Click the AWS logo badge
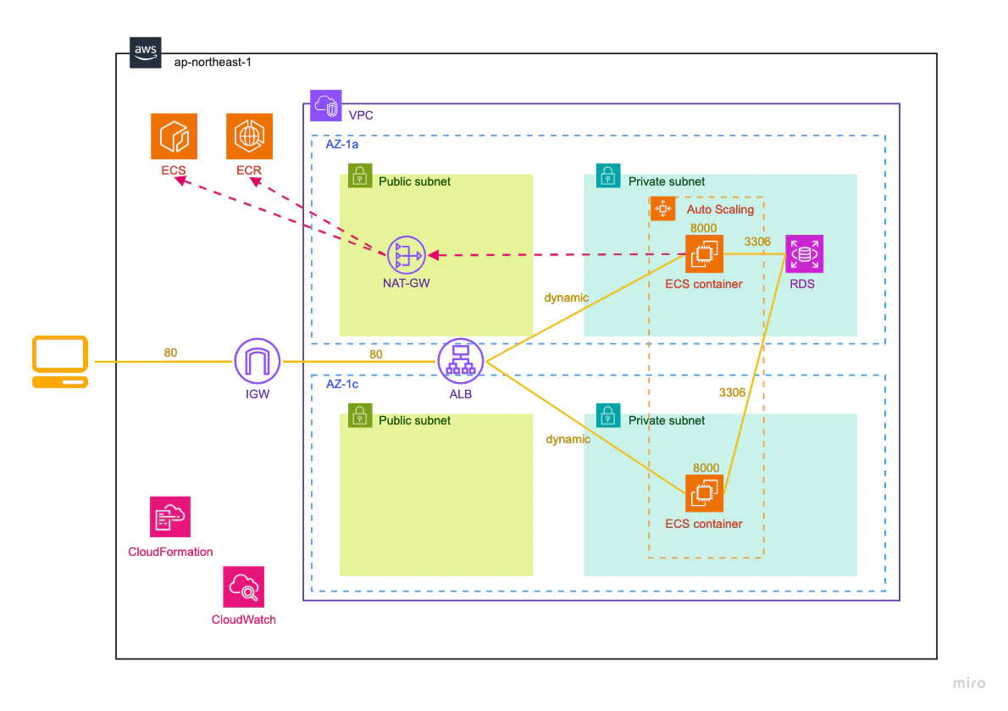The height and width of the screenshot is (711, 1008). (x=146, y=52)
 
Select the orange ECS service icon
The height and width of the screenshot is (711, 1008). (x=174, y=136)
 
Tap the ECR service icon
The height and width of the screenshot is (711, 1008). (x=249, y=136)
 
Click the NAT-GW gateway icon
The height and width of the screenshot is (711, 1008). (x=407, y=255)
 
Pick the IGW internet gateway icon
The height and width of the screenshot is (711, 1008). (x=258, y=361)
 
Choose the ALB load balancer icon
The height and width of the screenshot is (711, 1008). (x=461, y=361)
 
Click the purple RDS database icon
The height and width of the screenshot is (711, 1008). (x=804, y=254)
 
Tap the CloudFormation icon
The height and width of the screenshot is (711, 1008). (x=170, y=516)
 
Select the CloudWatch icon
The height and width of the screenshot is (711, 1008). (x=244, y=587)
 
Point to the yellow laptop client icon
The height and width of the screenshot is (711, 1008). (x=60, y=361)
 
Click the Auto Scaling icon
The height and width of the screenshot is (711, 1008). (x=662, y=208)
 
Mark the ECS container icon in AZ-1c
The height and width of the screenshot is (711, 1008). (x=705, y=493)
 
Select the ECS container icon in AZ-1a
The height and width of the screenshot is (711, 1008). (x=705, y=254)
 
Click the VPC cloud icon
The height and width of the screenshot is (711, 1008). (x=326, y=105)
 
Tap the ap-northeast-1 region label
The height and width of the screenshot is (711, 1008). (x=213, y=63)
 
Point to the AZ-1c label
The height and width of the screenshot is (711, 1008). (x=342, y=384)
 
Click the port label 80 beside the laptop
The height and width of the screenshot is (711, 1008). (x=170, y=353)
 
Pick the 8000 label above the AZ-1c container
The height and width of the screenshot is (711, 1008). (x=706, y=467)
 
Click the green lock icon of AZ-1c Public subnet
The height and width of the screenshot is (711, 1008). (x=360, y=415)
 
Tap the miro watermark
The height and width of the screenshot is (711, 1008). (x=969, y=683)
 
